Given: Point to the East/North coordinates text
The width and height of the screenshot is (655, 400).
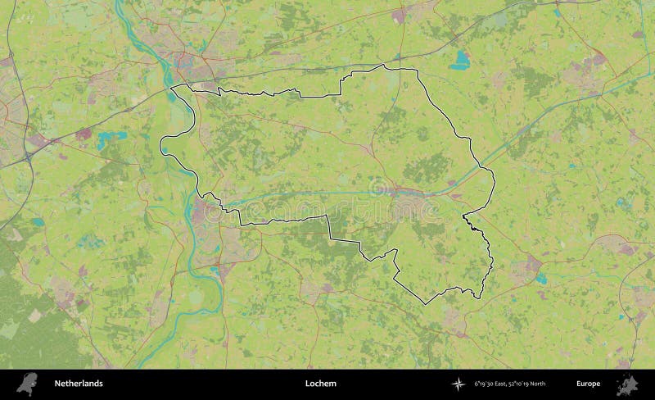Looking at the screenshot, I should click(x=509, y=384).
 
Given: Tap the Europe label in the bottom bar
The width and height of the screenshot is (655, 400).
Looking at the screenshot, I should click(x=588, y=384).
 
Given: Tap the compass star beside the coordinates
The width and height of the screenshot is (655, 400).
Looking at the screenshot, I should click(x=457, y=384).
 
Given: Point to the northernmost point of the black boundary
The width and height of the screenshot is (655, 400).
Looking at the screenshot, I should click(x=385, y=66).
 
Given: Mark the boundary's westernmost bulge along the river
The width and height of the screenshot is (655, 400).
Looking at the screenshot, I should click(x=161, y=145).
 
